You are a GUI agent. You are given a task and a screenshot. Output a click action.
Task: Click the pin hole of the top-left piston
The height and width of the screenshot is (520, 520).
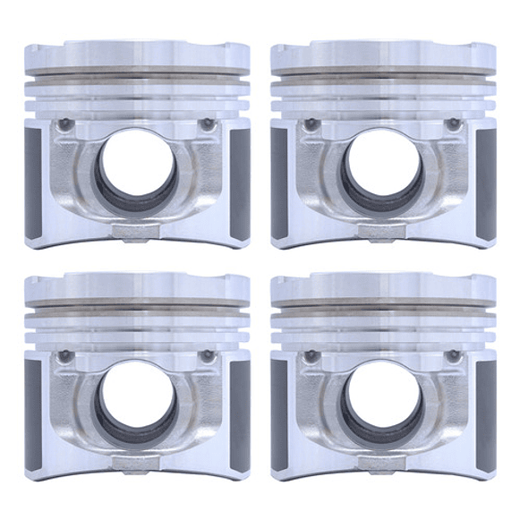137,170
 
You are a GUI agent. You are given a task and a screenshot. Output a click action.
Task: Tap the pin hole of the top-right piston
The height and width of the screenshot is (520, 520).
381,170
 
